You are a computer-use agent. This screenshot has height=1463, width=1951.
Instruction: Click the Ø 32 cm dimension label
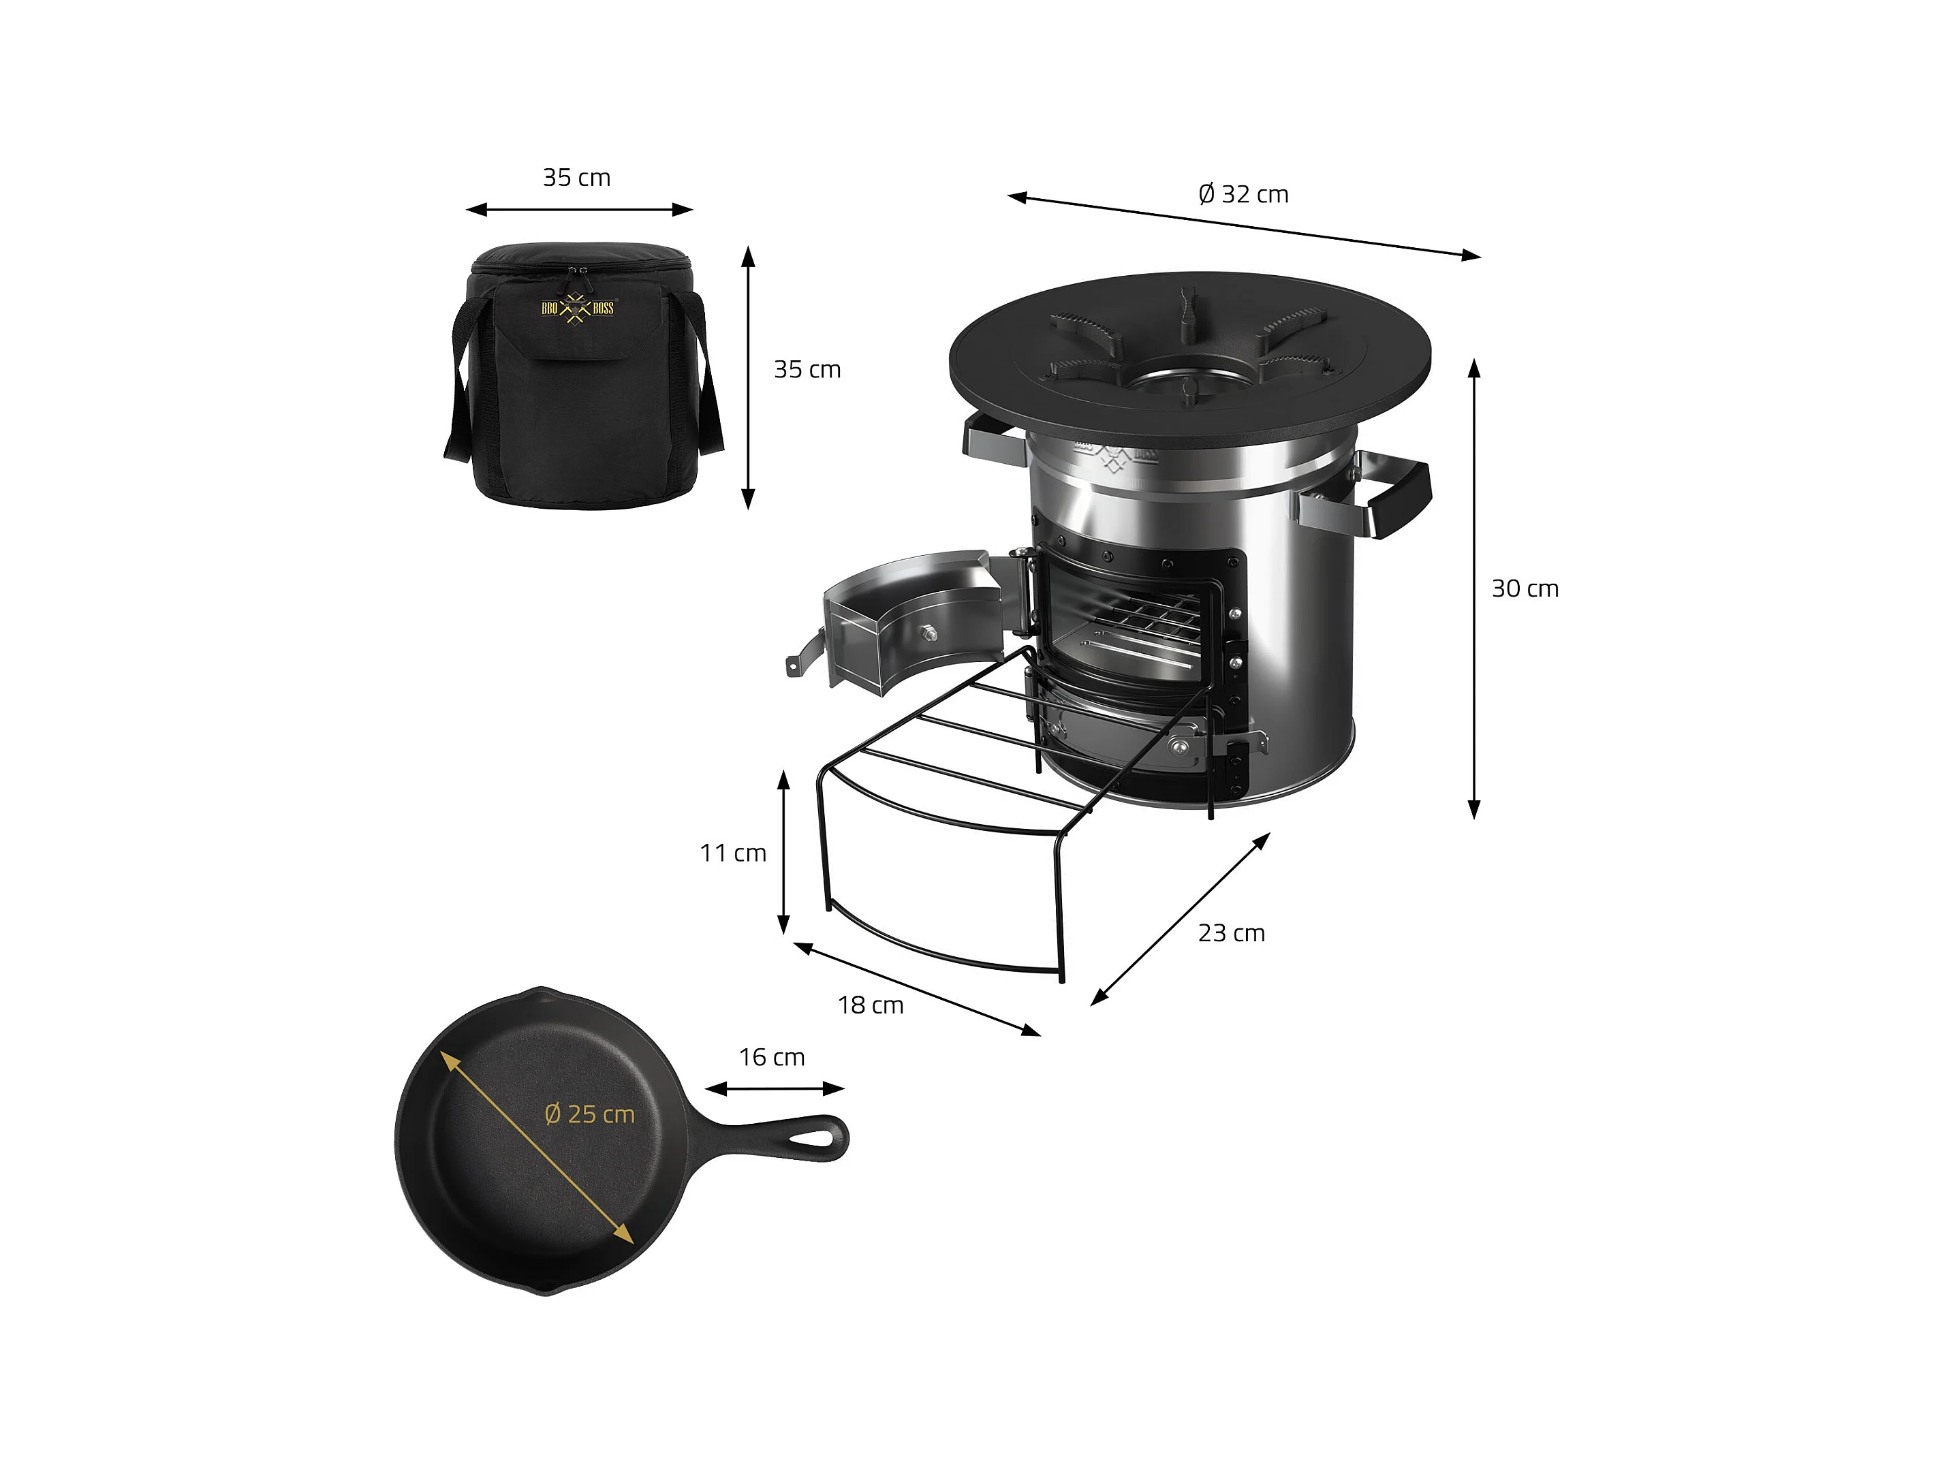coord(1244,194)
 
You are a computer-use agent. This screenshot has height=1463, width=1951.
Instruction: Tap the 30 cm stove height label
coord(1525,588)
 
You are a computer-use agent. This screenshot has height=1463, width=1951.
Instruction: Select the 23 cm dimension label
coord(1231,933)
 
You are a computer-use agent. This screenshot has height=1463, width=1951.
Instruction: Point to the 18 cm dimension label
coord(871,1005)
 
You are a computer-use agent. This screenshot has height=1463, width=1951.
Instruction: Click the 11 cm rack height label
coord(733,853)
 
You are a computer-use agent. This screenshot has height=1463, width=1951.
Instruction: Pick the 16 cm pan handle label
coord(772,1057)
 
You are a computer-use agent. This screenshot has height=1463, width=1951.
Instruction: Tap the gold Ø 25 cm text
coord(590,1115)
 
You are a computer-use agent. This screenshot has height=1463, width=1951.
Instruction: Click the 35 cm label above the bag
coord(577,177)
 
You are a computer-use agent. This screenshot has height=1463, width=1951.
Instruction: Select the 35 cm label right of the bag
coord(807,370)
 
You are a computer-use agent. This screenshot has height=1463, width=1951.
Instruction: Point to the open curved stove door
coord(909,617)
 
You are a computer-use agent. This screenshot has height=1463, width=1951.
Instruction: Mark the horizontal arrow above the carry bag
coord(580,210)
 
